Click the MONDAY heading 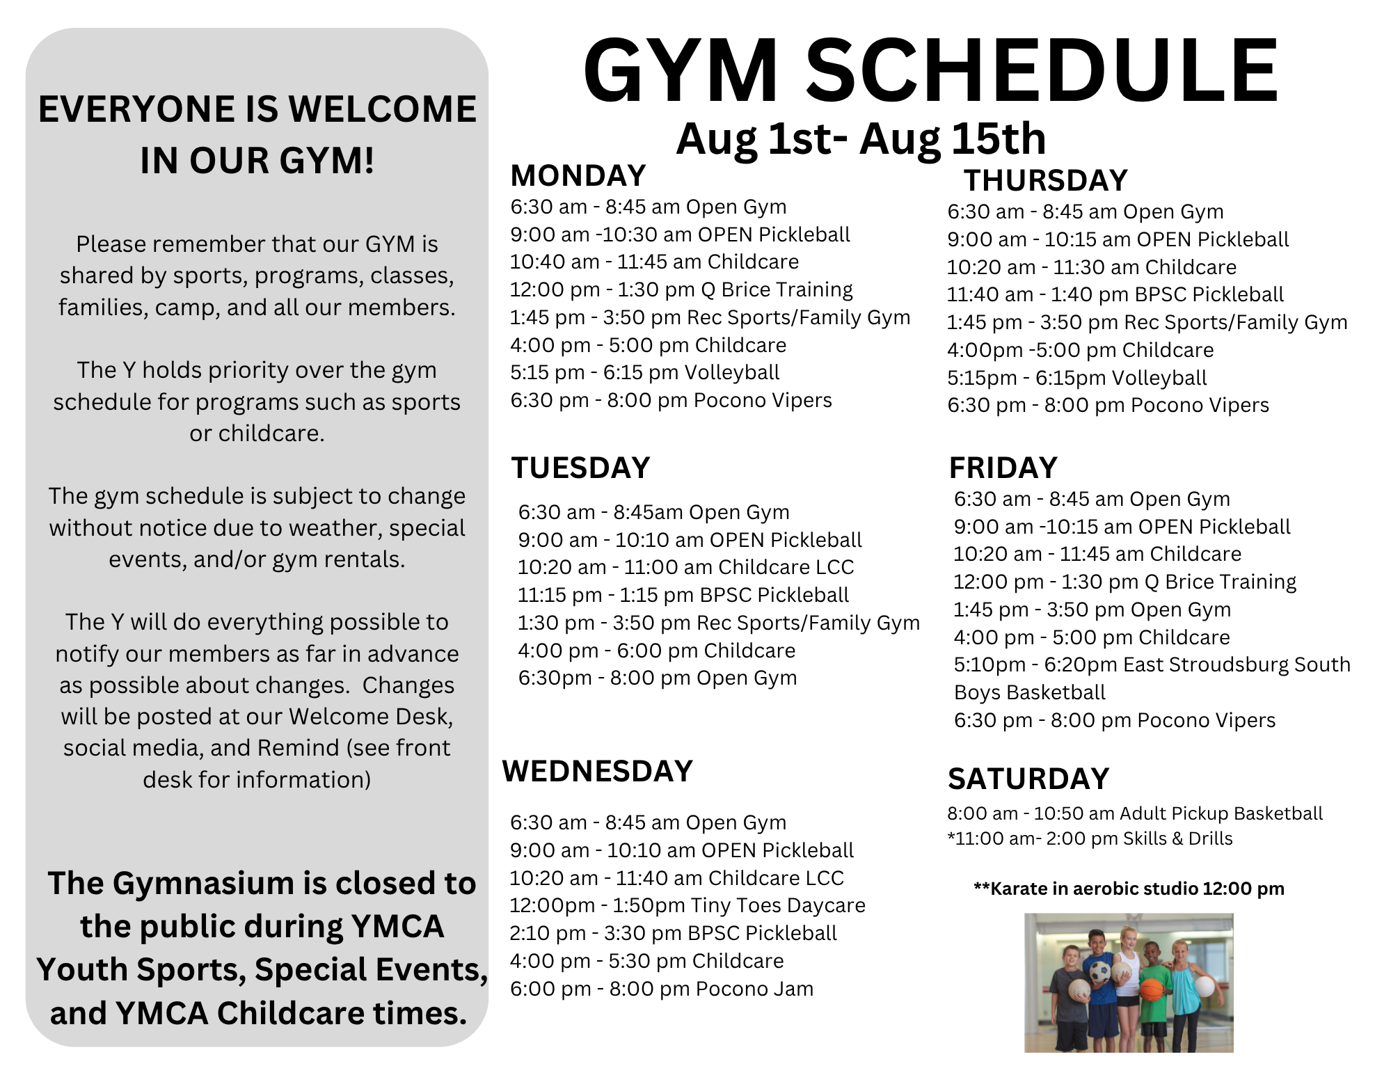[x=578, y=176]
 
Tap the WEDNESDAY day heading [x=597, y=771]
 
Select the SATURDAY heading [x=1028, y=779]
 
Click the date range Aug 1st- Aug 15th [x=861, y=138]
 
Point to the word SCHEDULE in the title [x=1042, y=71]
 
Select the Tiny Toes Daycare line [x=687, y=905]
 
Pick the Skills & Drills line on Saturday [x=1090, y=838]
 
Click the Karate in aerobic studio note [x=1129, y=889]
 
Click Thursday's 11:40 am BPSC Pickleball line [x=1115, y=294]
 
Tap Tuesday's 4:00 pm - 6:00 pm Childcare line [x=657, y=651]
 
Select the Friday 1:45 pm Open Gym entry [x=1092, y=610]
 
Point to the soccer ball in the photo [x=1099, y=971]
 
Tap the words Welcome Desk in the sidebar [x=371, y=717]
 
